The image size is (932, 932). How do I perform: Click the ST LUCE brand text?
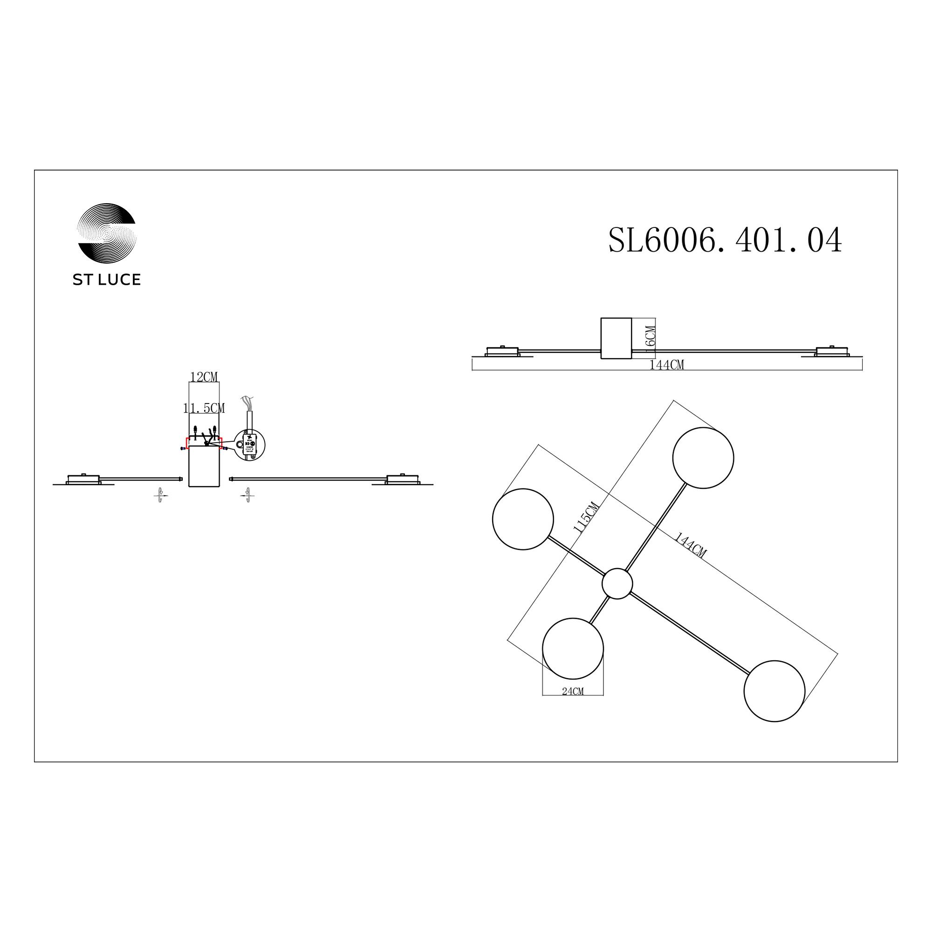point(107,280)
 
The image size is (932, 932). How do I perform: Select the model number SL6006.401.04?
point(725,240)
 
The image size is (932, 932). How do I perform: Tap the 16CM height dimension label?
point(650,336)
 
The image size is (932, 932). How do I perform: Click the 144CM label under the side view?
point(666,365)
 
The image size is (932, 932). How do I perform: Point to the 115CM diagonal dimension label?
point(586,517)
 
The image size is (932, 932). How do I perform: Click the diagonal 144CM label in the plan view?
point(690,545)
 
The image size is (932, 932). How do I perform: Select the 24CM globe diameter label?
point(573,692)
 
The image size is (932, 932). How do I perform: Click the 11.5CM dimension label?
point(204,408)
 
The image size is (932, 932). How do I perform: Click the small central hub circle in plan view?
point(617,584)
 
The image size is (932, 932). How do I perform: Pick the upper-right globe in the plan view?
point(703,458)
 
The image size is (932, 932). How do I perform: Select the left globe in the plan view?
point(522,519)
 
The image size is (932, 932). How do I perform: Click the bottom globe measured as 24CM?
point(573,648)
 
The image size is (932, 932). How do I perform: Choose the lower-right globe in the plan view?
point(774,691)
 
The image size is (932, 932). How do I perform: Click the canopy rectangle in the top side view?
point(616,338)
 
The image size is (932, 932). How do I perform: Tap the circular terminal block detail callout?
point(250,445)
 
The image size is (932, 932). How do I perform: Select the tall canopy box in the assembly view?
point(204,466)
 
